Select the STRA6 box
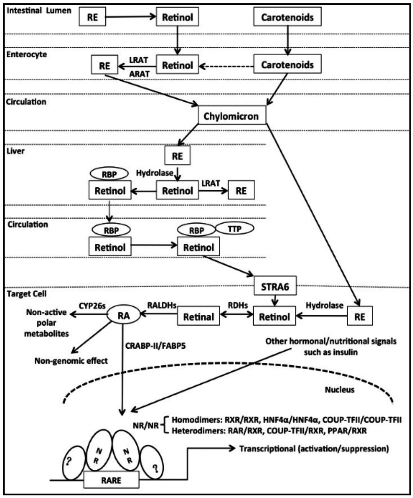coord(274,288)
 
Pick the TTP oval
coord(234,228)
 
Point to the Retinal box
coord(198,317)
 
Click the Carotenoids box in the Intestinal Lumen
coord(287,17)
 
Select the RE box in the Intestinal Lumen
coord(92,17)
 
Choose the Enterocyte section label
coord(26,54)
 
